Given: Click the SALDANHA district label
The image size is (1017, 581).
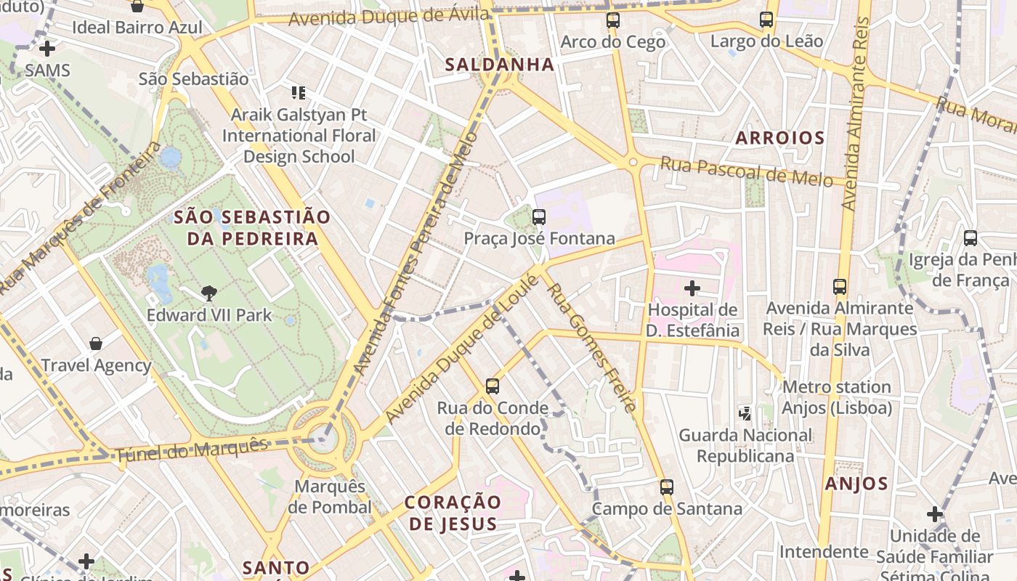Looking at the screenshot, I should [499, 65].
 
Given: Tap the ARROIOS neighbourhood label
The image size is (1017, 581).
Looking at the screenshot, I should [780, 138].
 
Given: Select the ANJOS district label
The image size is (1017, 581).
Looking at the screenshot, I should [856, 484].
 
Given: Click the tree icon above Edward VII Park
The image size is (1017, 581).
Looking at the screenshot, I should [209, 293].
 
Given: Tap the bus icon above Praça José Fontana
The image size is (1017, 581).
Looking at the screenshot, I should [538, 216].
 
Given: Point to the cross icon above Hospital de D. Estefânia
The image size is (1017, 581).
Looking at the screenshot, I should [692, 288].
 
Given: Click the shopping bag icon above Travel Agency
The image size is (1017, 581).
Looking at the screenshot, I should [96, 343].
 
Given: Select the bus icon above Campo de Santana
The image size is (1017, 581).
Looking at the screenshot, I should [667, 487].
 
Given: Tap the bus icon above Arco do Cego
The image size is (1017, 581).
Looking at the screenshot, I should [613, 20].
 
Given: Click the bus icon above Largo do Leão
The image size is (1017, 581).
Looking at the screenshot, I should [766, 20].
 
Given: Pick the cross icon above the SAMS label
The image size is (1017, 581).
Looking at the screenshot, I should [47, 49].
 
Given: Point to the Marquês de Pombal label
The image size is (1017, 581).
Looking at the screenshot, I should [329, 497].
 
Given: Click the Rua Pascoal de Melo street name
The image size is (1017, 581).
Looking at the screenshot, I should [746, 171].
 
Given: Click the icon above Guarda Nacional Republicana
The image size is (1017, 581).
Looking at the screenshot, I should [745, 413].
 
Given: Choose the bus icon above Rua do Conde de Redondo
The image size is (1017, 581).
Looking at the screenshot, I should [493, 386].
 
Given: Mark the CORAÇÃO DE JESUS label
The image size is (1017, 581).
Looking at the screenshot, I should [453, 513].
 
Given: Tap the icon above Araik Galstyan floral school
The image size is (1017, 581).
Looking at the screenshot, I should [298, 93].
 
